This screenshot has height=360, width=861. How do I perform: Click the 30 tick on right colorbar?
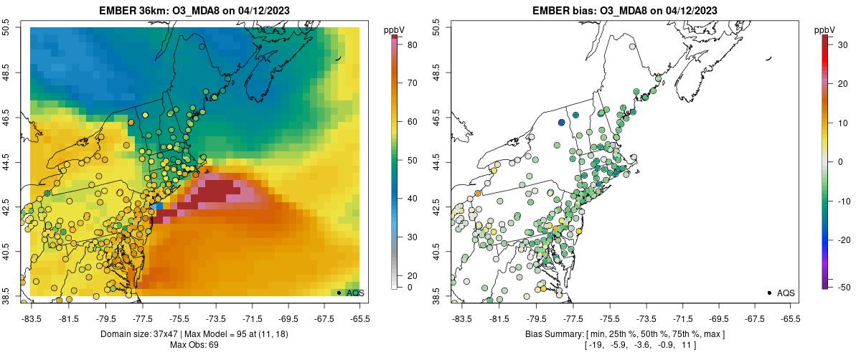point(837,44)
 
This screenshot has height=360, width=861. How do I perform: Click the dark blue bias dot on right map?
point(561,123)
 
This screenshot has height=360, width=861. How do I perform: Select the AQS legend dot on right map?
point(769,293)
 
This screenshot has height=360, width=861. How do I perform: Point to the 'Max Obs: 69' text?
point(194,346)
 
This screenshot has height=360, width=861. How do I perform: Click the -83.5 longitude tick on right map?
point(461,318)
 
